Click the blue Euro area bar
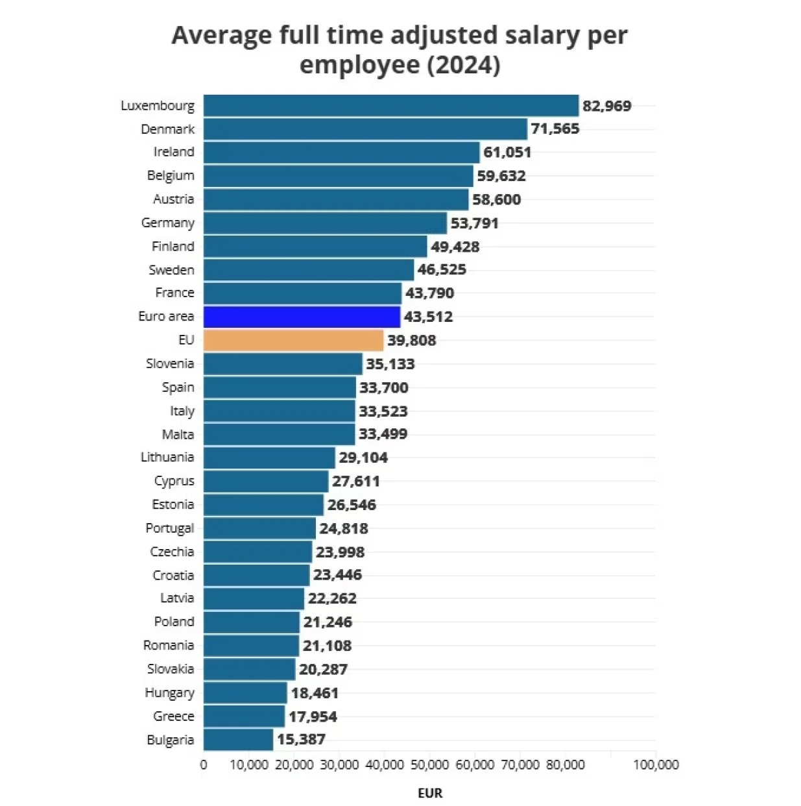302,317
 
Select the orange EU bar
293,340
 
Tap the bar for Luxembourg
390,106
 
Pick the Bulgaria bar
238,740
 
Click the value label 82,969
606,106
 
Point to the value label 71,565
555,128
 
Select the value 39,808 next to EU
411,340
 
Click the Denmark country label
167,129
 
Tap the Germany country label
167,223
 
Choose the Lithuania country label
167,458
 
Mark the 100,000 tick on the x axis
656,765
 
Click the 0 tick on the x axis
204,765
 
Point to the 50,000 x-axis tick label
429,765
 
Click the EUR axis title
430,793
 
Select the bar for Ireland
341,153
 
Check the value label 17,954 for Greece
313,716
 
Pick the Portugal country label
169,528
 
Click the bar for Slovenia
283,364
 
